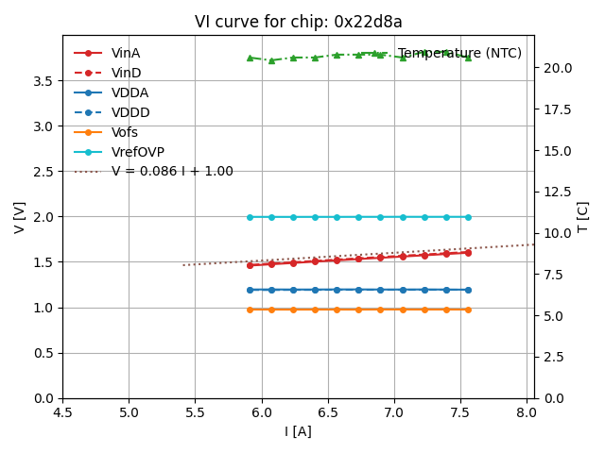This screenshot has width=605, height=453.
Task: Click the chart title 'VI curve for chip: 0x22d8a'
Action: click(x=299, y=22)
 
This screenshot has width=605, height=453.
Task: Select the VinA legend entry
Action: click(x=126, y=53)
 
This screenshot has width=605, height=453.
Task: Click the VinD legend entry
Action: click(x=126, y=73)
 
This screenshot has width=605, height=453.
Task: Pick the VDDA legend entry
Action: click(x=130, y=92)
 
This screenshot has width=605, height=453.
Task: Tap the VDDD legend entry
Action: click(x=130, y=112)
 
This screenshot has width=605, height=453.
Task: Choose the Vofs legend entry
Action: click(x=125, y=132)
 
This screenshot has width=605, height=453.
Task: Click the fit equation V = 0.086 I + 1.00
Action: click(x=172, y=172)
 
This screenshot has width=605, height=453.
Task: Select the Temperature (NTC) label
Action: click(x=459, y=53)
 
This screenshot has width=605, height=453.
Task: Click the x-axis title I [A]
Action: click(x=299, y=432)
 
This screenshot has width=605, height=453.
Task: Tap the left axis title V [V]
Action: click(x=20, y=216)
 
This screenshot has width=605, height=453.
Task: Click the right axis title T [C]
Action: click(x=583, y=216)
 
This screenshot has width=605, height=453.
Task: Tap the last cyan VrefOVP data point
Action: click(x=468, y=217)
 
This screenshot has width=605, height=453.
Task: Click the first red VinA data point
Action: click(x=250, y=265)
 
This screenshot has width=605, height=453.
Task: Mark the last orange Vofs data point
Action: click(x=468, y=310)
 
